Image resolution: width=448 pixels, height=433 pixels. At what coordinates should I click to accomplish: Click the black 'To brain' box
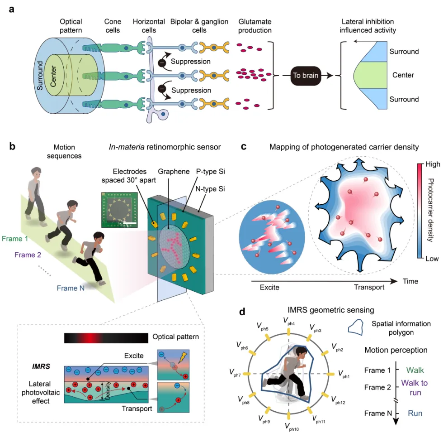point(306,76)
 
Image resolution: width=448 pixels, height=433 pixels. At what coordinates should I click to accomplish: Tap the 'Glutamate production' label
point(255,26)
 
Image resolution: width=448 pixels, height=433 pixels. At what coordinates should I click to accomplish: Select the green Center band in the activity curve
point(370,75)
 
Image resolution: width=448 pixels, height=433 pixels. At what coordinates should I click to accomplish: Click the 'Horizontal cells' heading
point(149,26)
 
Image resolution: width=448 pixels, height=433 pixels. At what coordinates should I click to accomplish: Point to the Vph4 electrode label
point(289,321)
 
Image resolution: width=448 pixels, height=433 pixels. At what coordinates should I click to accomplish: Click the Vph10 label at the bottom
point(292,427)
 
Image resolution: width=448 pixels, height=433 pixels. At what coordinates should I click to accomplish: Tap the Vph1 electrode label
point(344,374)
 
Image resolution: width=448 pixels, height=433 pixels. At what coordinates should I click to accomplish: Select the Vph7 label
point(235,373)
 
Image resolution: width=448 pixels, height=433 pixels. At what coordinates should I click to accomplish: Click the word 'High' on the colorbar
point(433,164)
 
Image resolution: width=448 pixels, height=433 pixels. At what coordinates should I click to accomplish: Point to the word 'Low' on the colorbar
point(432,259)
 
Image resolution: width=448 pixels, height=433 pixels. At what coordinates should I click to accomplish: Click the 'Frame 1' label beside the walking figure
point(15,239)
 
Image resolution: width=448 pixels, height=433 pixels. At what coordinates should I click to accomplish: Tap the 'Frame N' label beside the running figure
point(71,288)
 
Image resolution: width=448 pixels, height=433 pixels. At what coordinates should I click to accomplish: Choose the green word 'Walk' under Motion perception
point(415,370)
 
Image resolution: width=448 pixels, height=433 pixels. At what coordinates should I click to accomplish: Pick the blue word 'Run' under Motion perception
point(415,413)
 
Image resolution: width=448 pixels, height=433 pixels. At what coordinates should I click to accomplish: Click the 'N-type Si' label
point(210,189)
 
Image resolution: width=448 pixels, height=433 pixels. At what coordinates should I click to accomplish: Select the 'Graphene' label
point(174,171)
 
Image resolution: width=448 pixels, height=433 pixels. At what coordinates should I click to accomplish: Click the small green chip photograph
point(119,210)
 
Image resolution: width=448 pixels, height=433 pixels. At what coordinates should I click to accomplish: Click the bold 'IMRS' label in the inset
point(41,366)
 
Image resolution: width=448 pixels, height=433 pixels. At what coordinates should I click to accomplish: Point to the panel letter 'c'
point(244,147)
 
